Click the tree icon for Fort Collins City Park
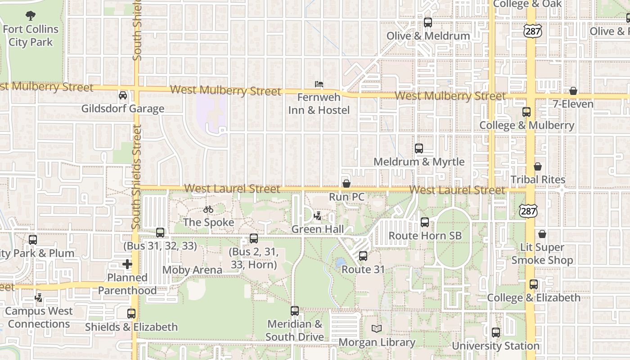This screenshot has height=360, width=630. [x=31, y=16]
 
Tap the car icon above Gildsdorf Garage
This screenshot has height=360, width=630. [x=122, y=95]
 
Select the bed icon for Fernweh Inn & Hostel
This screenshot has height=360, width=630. [x=319, y=84]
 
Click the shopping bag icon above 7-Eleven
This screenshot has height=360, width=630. [x=573, y=91]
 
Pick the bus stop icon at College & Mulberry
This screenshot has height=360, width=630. [x=526, y=112]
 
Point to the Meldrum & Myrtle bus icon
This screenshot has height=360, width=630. [x=419, y=148]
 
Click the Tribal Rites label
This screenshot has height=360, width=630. [x=538, y=180]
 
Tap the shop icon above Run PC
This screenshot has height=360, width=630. [x=346, y=184]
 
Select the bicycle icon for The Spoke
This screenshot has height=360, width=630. [x=208, y=209]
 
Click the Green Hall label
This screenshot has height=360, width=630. [x=318, y=229]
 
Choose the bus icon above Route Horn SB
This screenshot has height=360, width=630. [x=425, y=222]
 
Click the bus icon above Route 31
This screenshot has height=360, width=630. [x=363, y=256]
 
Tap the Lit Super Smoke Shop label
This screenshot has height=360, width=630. [x=542, y=254]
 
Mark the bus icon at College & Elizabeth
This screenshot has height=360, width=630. [x=534, y=284]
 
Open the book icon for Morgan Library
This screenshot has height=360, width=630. [x=377, y=329]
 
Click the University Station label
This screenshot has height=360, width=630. [x=495, y=346]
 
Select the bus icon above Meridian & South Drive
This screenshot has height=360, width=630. [x=295, y=310]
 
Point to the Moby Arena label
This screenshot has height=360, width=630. [x=192, y=270]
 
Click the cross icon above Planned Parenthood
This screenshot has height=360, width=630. [x=127, y=264]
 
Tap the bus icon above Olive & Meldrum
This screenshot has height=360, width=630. [x=428, y=22]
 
